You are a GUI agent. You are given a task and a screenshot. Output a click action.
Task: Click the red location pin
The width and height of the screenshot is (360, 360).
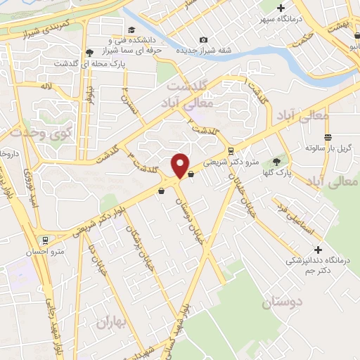click(x=181, y=165)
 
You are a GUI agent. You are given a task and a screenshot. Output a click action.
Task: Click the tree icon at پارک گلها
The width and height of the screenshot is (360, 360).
click(x=285, y=161)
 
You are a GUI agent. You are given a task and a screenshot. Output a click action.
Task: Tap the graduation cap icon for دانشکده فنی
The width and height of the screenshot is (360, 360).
click(x=112, y=41)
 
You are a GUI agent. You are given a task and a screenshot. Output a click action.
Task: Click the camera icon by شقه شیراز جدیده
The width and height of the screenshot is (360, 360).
click(x=204, y=40)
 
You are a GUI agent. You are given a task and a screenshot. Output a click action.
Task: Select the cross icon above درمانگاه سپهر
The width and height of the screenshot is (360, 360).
click(x=281, y=7)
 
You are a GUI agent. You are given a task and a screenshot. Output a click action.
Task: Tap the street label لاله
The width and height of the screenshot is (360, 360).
click(x=46, y=86)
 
